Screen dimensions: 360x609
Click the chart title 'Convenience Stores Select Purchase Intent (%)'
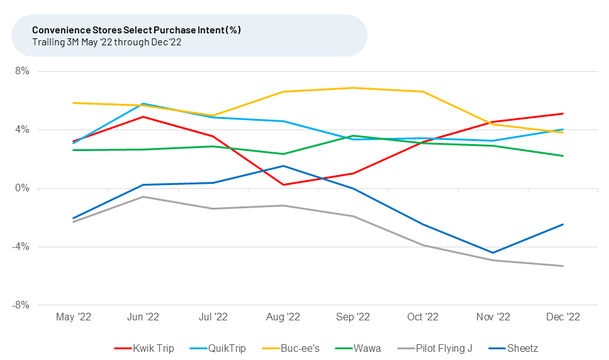(136, 30)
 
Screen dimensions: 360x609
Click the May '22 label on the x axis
(74, 317)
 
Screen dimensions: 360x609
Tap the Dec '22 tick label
(562, 317)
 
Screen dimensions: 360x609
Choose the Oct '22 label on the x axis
(423, 317)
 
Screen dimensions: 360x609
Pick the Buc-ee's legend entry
(299, 348)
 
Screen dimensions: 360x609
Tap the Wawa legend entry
(365, 348)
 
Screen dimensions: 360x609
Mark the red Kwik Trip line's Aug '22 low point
(283, 184)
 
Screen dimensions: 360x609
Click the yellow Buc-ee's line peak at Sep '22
(353, 87)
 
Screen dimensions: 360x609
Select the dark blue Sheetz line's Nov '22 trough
(493, 253)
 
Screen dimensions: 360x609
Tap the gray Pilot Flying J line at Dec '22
(562, 266)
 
